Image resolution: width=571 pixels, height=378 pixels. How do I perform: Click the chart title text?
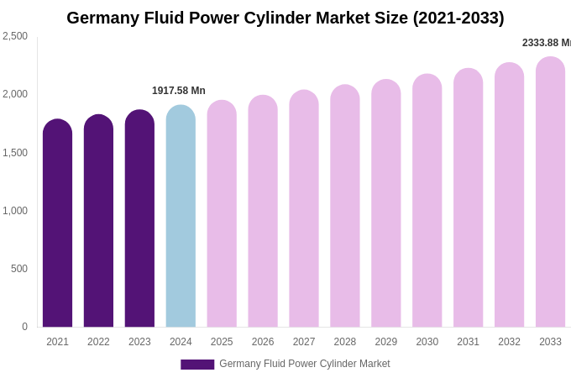(x=285, y=18)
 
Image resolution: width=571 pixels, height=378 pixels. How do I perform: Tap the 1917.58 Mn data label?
(x=179, y=91)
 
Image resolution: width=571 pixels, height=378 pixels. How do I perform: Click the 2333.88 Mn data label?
(x=546, y=43)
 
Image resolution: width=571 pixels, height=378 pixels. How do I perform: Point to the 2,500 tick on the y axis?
(x=15, y=36)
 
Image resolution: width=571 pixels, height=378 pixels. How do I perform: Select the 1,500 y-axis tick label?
(x=15, y=153)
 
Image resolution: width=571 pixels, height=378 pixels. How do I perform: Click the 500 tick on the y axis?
(x=18, y=269)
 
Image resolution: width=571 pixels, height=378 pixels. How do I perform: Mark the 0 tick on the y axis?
(x=24, y=327)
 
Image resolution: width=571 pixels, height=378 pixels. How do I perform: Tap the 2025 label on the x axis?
(x=222, y=342)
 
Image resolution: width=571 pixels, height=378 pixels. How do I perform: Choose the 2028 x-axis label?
(x=345, y=342)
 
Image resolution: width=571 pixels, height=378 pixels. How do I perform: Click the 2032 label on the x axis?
(x=509, y=342)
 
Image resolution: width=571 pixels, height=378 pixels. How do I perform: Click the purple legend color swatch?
(x=197, y=365)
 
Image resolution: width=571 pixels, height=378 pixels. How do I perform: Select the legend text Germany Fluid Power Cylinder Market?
(x=305, y=364)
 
